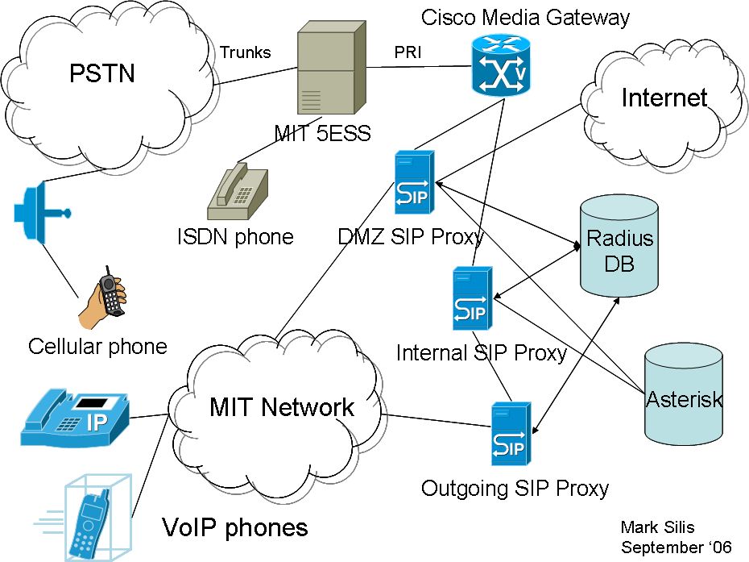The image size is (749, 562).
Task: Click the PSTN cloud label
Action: pos(101,75)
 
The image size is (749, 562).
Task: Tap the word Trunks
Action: pos(246,53)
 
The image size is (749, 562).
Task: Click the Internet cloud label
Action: pos(664,98)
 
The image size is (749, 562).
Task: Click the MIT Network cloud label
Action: pos(281,407)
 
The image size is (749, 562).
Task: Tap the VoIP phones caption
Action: pos(234,527)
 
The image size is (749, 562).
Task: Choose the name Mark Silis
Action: pos(657,527)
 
